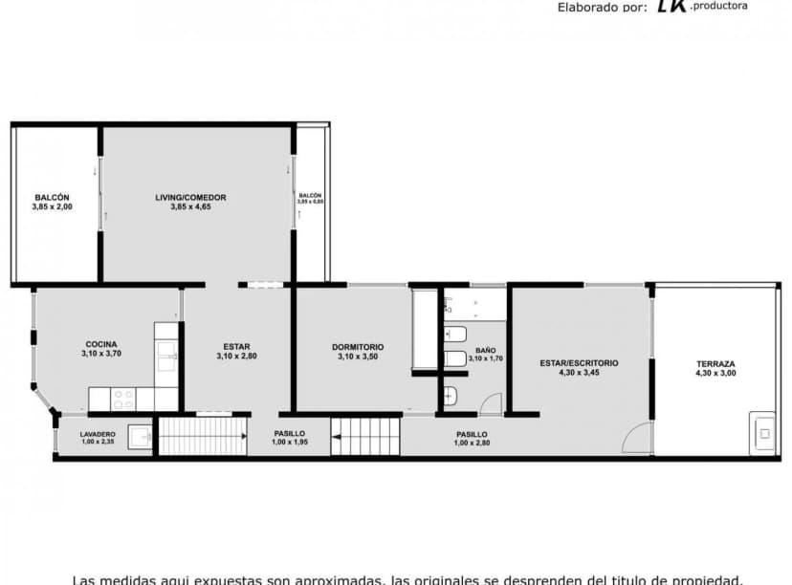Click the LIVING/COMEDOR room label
pyautogui.click(x=190, y=202)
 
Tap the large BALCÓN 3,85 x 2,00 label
pyautogui.click(x=52, y=202)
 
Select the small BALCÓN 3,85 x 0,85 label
pyautogui.click(x=310, y=198)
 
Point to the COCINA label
pyautogui.click(x=101, y=349)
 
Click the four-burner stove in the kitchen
pyautogui.click(x=124, y=399)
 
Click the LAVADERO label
pyautogui.click(x=98, y=438)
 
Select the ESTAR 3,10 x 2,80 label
pyautogui.click(x=236, y=351)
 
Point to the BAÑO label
pyautogui.click(x=485, y=355)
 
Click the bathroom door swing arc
pyautogui.click(x=491, y=403)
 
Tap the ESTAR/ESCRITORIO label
pyautogui.click(x=579, y=367)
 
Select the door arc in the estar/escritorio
pyautogui.click(x=635, y=440)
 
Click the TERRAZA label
pyautogui.click(x=715, y=368)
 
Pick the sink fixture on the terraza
pyautogui.click(x=764, y=433)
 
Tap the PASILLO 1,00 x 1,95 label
pyautogui.click(x=290, y=438)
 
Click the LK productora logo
pyautogui.click(x=700, y=7)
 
